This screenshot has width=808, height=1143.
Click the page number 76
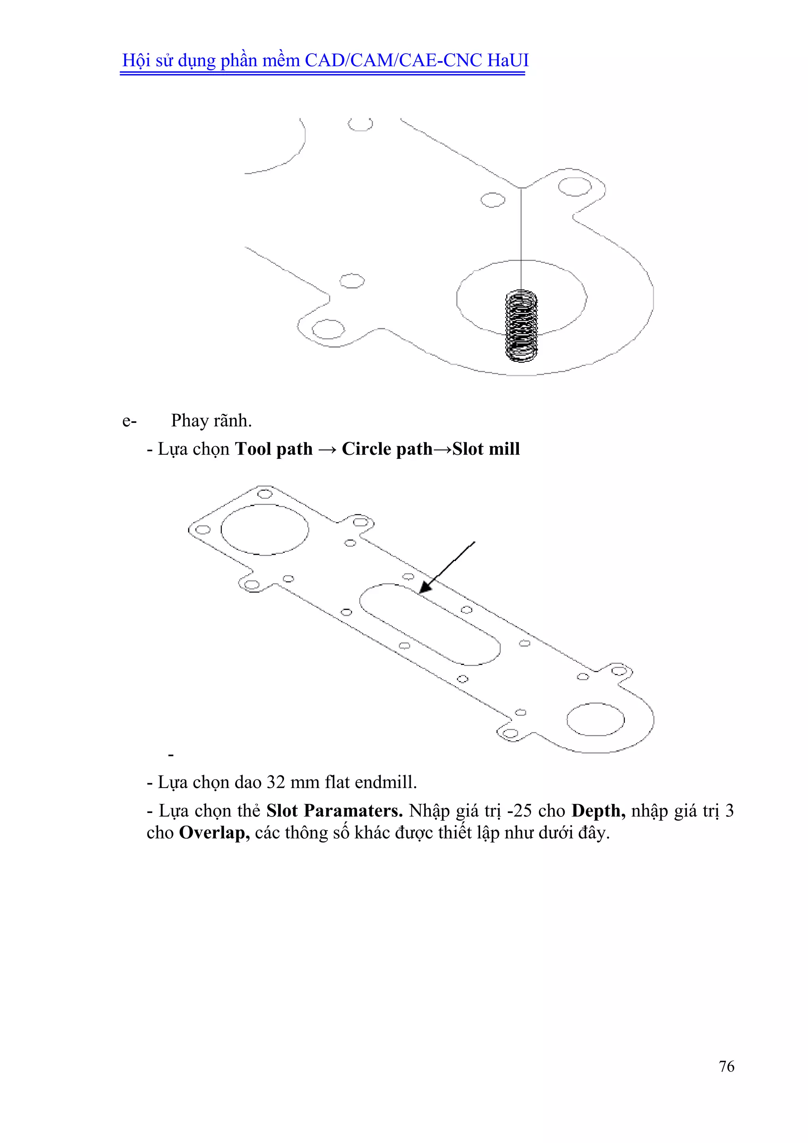(726, 1066)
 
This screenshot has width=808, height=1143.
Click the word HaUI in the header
(507, 60)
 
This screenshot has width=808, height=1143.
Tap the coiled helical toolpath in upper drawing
(521, 326)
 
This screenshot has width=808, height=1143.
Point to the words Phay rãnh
(211, 420)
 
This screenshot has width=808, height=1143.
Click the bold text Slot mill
(486, 449)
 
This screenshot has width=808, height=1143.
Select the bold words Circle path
(387, 449)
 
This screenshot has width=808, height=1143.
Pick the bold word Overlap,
(214, 833)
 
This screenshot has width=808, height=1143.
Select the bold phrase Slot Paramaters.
(334, 811)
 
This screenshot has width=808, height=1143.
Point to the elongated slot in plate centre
(430, 624)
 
